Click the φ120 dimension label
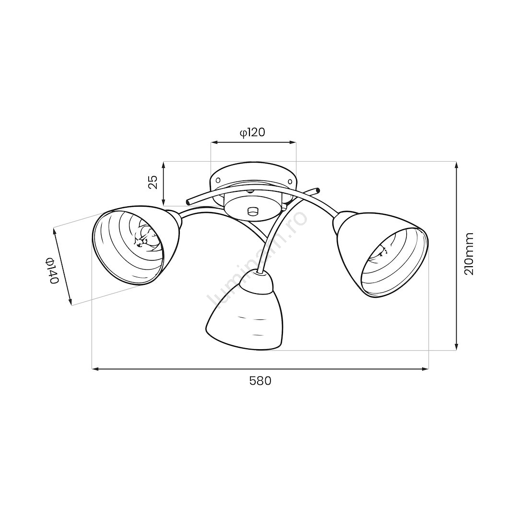tap(252, 132)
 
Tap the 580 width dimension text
tap(260, 381)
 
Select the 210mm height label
tap(469, 254)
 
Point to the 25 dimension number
tap(153, 182)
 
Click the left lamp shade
tap(136, 246)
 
